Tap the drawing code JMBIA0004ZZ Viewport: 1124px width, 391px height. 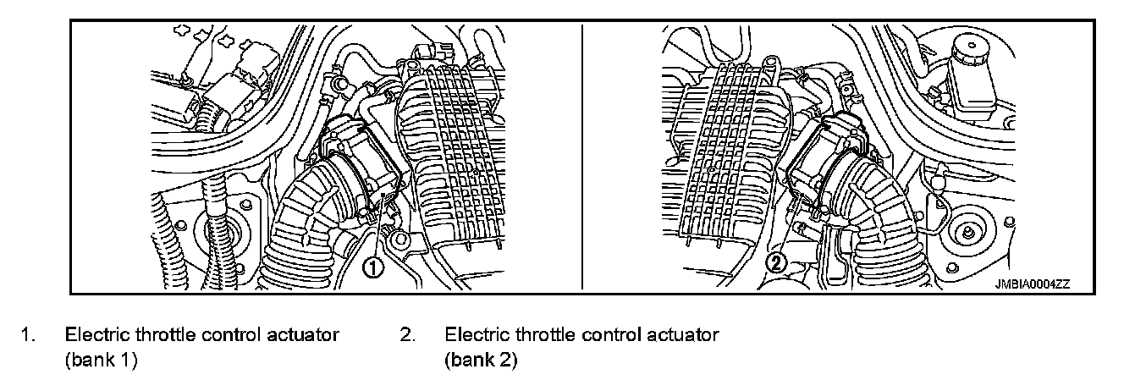[x=1033, y=285]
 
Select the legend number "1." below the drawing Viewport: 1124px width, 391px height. [x=29, y=335]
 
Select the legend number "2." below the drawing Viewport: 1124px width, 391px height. [x=407, y=335]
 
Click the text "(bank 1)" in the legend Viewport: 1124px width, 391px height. [x=101, y=360]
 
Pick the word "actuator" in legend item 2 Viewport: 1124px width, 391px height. [x=685, y=335]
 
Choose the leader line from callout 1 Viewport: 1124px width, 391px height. [x=381, y=229]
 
